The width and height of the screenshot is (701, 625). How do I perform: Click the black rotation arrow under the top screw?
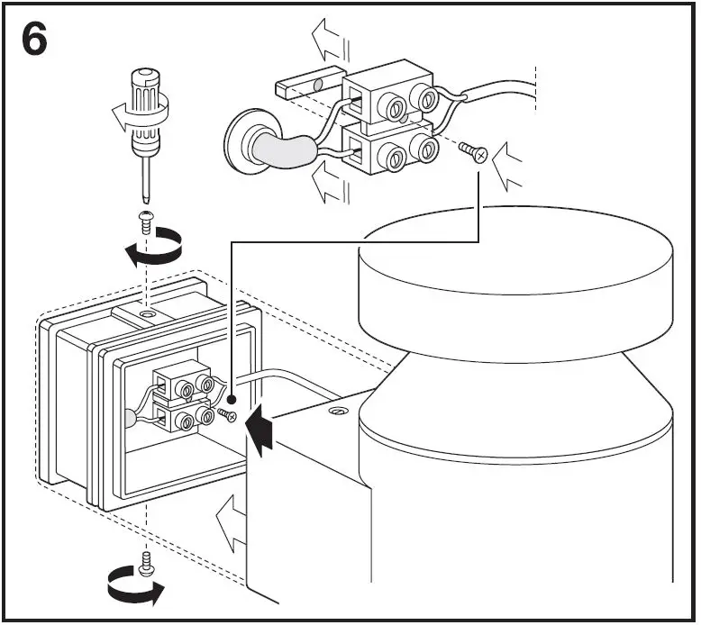[152, 249]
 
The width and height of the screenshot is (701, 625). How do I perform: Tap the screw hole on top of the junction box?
[146, 316]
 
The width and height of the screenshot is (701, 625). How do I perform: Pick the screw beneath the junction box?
[146, 562]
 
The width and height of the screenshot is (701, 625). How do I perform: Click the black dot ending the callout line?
[232, 396]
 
